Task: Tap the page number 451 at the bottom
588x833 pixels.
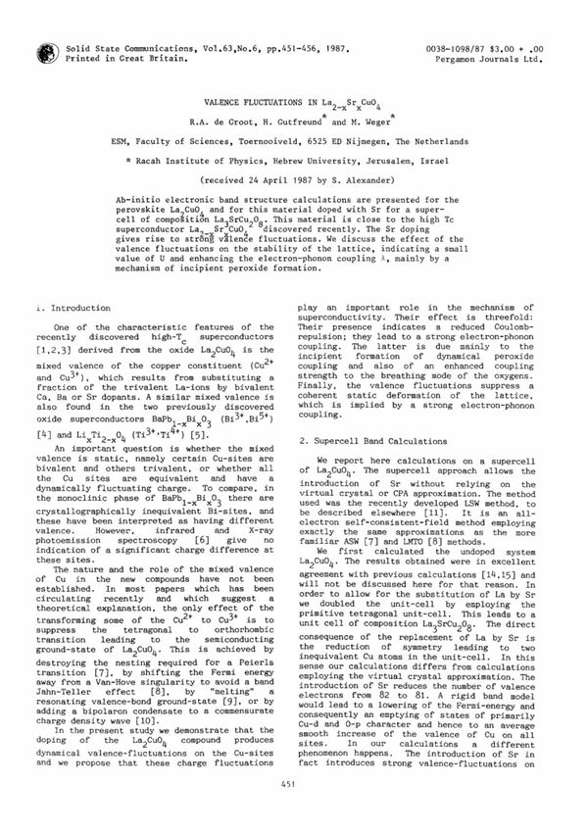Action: coord(294,809)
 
